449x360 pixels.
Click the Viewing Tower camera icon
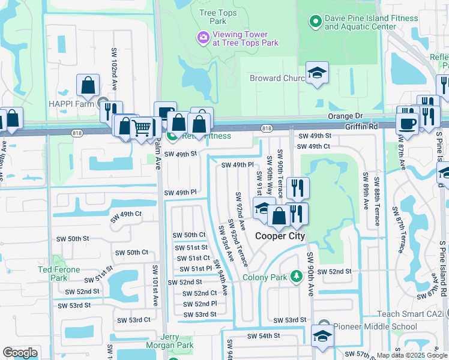203,38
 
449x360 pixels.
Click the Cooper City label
280,236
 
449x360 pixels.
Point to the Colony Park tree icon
295,277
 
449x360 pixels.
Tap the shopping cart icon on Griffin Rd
141,127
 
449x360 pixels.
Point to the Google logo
20,353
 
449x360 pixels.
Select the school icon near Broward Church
317,73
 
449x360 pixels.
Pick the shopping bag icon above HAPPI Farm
88,85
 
